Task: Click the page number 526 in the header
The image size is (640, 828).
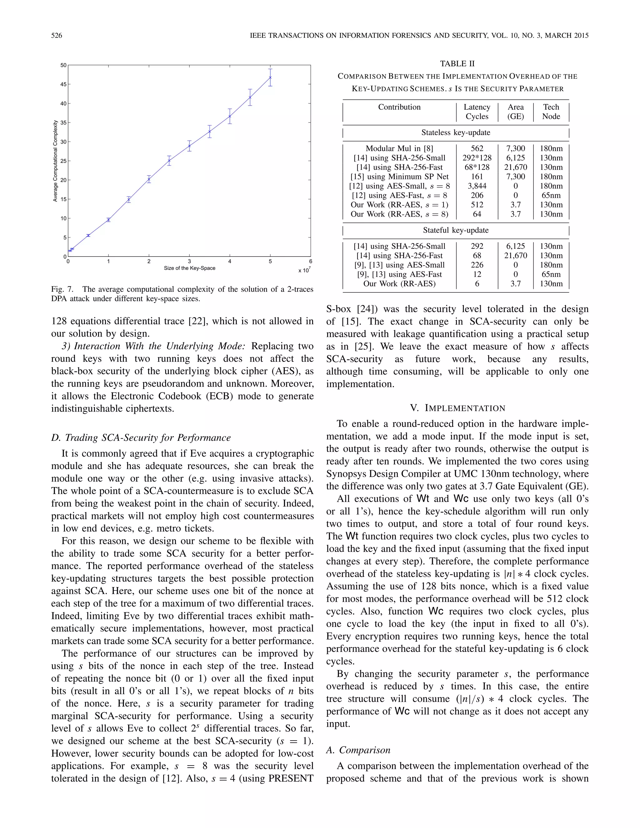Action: pos(57,36)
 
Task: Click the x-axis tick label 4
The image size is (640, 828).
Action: pos(230,261)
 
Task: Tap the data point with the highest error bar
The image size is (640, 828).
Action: pos(270,78)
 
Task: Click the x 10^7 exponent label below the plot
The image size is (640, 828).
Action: pos(304,270)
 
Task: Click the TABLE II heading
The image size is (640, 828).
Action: pos(457,64)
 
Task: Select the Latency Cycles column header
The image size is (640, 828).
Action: pos(477,112)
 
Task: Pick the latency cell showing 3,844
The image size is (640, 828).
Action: pos(477,186)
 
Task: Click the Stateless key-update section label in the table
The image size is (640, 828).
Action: pos(456,132)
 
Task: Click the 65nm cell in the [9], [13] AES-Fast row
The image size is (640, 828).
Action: pos(551,274)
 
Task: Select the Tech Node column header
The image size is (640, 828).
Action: pos(551,112)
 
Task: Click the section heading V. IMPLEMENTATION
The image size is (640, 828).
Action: pos(457,408)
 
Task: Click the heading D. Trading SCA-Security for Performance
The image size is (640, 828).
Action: pos(141,437)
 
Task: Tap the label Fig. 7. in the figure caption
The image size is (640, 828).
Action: pos(62,289)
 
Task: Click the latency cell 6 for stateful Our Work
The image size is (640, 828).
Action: pos(477,284)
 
